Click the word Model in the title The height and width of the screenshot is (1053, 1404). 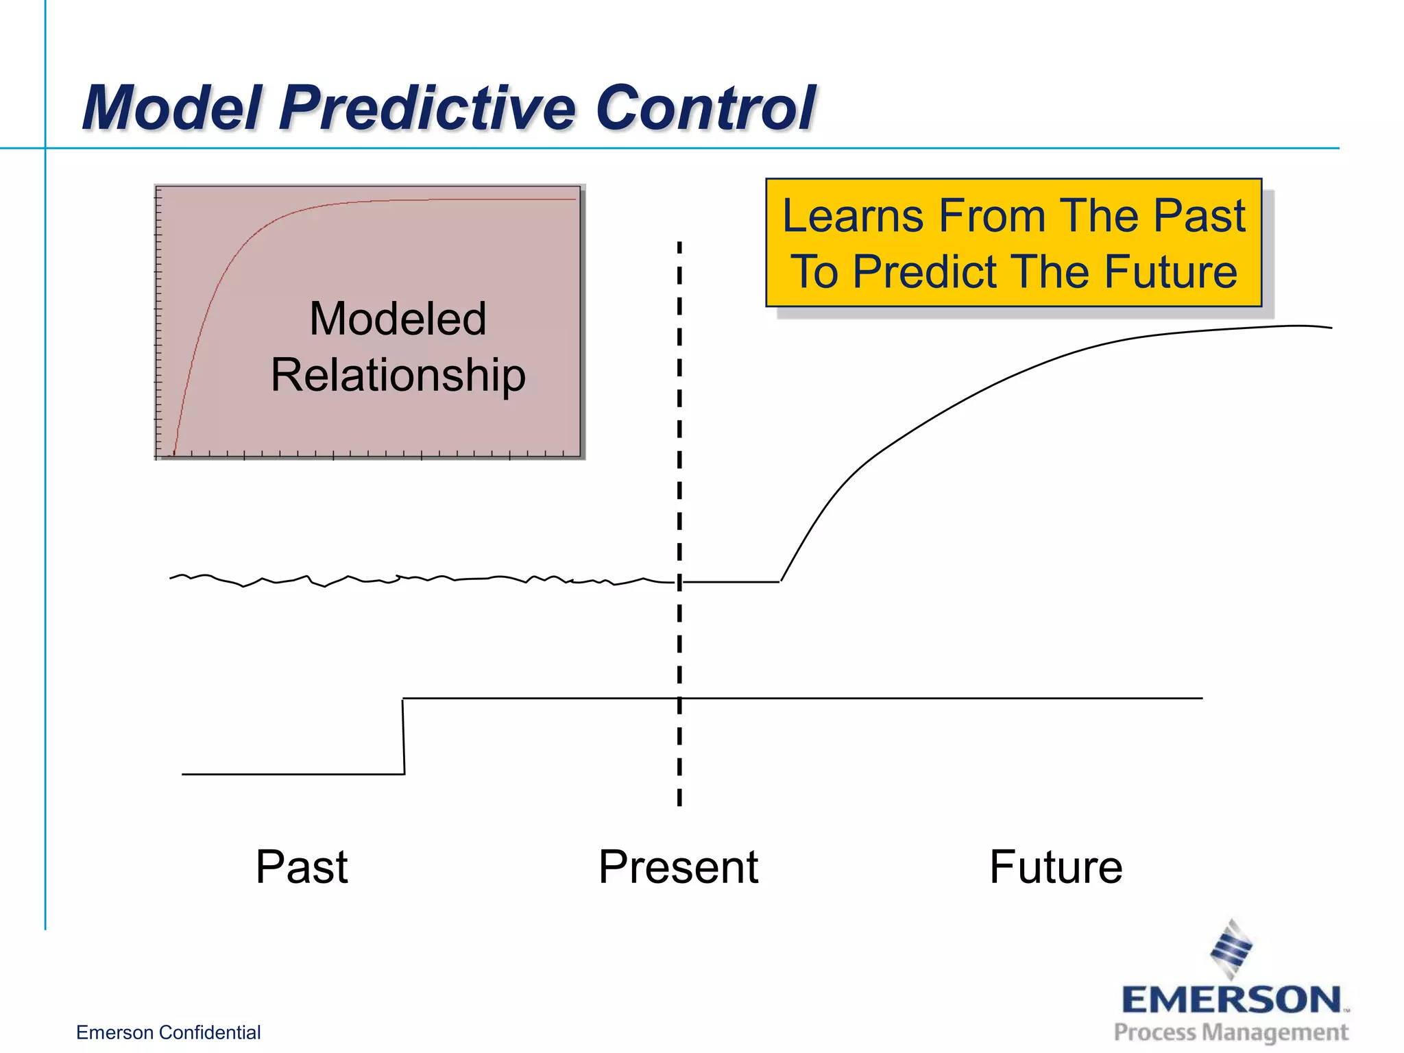pos(171,108)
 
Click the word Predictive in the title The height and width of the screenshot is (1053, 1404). pos(428,108)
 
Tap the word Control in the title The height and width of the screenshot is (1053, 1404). pos(706,108)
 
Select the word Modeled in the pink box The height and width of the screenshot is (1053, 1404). pos(398,319)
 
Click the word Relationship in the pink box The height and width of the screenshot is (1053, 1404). pos(398,376)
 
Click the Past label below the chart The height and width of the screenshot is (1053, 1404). pos(302,867)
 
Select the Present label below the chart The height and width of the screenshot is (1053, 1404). pos(678,867)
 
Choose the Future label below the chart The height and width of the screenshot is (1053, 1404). pos(1056,867)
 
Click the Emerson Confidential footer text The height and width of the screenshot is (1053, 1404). pos(168,1032)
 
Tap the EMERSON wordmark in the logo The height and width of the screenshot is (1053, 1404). pos(1231,1000)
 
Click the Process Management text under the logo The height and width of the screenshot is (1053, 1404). pos(1231,1032)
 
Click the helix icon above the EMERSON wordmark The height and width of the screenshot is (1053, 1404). pos(1231,949)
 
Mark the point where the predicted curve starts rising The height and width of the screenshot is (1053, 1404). pos(781,581)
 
